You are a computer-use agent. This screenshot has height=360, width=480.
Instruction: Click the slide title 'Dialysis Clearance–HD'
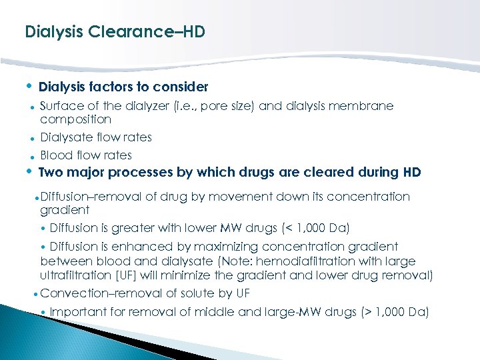pyautogui.click(x=115, y=31)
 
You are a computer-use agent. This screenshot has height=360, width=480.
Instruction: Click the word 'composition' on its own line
pyautogui.click(x=75, y=119)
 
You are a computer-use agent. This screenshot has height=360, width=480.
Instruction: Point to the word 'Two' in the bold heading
pyautogui.click(x=51, y=173)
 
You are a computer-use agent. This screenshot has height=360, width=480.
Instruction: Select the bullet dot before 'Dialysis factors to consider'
pyautogui.click(x=29, y=86)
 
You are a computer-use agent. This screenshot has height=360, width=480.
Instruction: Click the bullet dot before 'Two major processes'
pyautogui.click(x=29, y=172)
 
